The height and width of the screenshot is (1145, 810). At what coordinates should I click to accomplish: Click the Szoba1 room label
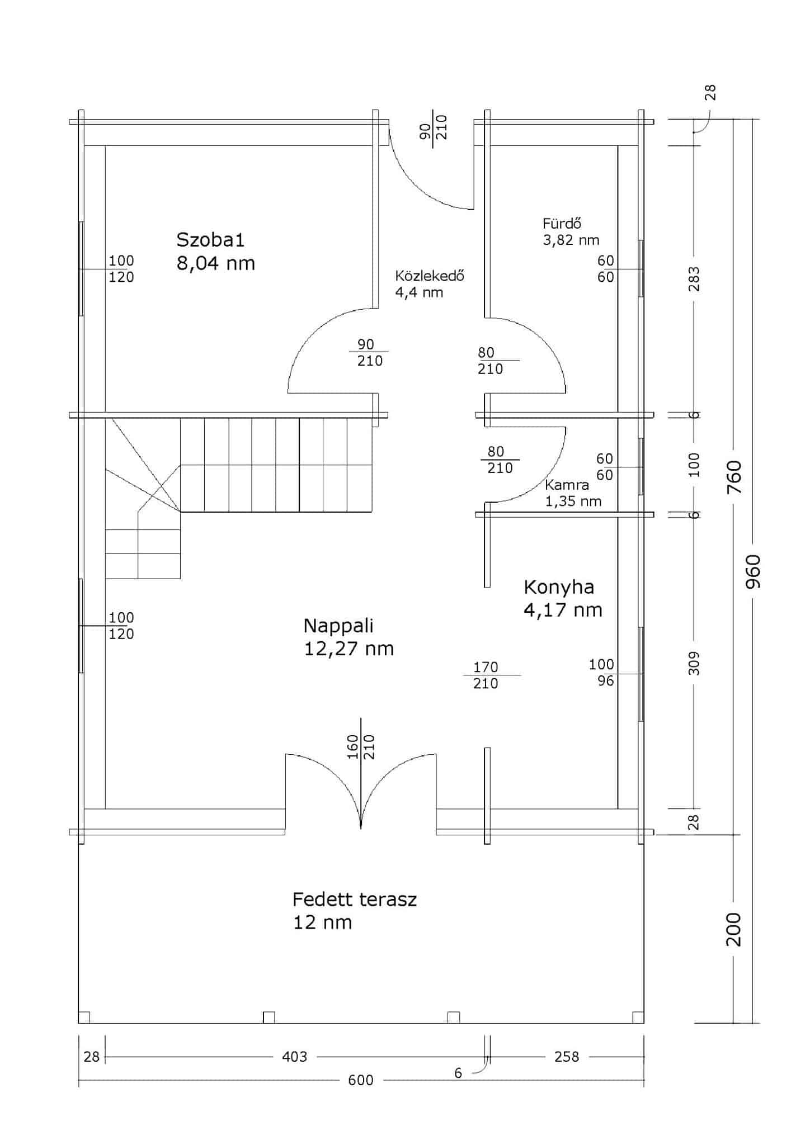coord(210,240)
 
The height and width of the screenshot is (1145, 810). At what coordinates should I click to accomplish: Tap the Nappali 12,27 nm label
coord(349,637)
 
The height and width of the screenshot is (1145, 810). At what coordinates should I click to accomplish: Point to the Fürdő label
coord(562,224)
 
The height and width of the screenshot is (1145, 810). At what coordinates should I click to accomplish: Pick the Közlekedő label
coord(429,276)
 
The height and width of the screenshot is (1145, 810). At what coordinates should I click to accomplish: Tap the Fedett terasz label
coord(355,900)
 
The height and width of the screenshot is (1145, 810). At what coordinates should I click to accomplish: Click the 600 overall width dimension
coord(361,1080)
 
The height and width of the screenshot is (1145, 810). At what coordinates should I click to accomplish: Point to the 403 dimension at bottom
coord(294,1056)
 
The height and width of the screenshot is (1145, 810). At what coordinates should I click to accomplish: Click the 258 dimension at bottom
coord(566,1056)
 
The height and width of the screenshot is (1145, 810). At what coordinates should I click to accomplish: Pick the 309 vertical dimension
coord(694,663)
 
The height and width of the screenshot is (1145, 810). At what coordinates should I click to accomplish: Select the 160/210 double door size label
coord(361,746)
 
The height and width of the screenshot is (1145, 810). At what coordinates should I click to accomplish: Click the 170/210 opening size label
coord(486,675)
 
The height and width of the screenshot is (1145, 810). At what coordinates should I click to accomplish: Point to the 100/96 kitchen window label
coord(602,673)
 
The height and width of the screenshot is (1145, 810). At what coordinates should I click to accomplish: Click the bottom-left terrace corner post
coord(84,1017)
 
